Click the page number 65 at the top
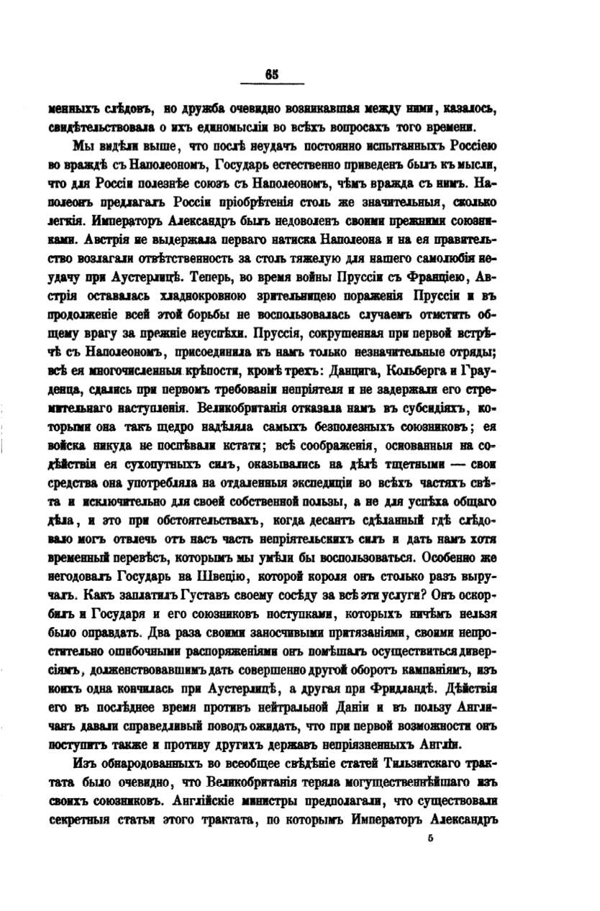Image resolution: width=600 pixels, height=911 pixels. click(x=271, y=73)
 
